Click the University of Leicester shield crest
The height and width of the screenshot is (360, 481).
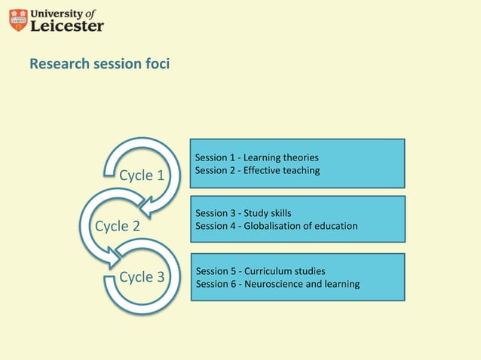(18, 20)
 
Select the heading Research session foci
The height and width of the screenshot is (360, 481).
(100, 64)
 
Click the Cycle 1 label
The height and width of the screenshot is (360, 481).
(142, 175)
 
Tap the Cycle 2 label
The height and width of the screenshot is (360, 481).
(117, 226)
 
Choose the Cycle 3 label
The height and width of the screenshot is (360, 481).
(142, 276)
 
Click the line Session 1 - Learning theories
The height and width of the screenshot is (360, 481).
(256, 157)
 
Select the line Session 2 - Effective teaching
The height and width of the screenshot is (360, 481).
(257, 170)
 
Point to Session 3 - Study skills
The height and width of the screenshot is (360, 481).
(243, 213)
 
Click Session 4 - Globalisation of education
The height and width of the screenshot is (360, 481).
(276, 226)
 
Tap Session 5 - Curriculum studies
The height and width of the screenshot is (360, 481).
(260, 271)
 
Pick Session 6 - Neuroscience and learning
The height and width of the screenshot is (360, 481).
(277, 284)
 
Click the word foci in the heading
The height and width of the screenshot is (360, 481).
(156, 64)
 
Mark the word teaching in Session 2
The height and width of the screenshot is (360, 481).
(299, 170)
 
